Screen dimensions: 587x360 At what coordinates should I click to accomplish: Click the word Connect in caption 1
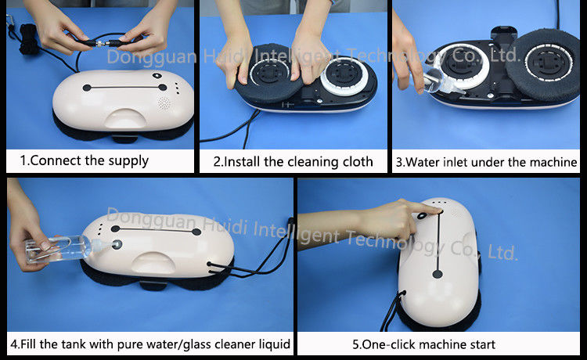(x=56, y=160)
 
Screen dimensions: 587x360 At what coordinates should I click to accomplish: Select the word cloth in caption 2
(x=356, y=162)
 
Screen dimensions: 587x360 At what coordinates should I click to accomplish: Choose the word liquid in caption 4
(x=275, y=344)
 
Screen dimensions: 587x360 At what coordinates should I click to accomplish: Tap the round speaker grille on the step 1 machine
(x=164, y=103)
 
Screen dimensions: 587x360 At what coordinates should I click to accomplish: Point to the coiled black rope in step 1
(x=28, y=38)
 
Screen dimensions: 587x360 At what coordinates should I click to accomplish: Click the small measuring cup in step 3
(x=435, y=81)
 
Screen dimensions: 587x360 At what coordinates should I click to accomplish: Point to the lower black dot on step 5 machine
(x=438, y=274)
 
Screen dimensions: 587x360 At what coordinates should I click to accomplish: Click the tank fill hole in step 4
(x=117, y=245)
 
